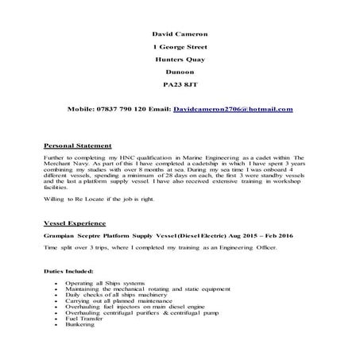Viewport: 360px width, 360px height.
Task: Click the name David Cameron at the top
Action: click(179, 34)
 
